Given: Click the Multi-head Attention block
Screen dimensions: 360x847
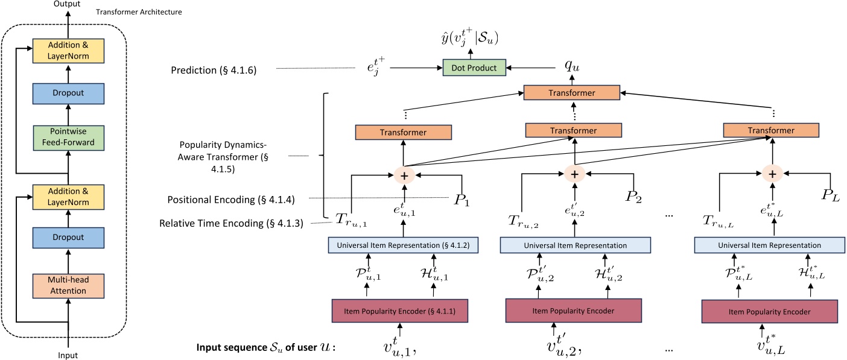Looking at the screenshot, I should coord(68,285).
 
